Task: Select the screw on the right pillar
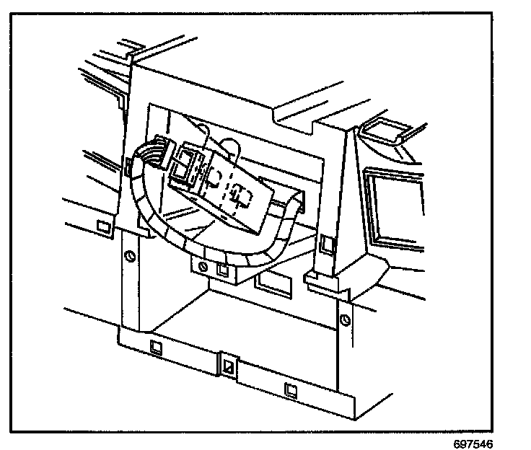344,317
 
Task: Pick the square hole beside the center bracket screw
223,271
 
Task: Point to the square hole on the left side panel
102,228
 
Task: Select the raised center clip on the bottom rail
229,365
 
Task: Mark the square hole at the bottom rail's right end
290,390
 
